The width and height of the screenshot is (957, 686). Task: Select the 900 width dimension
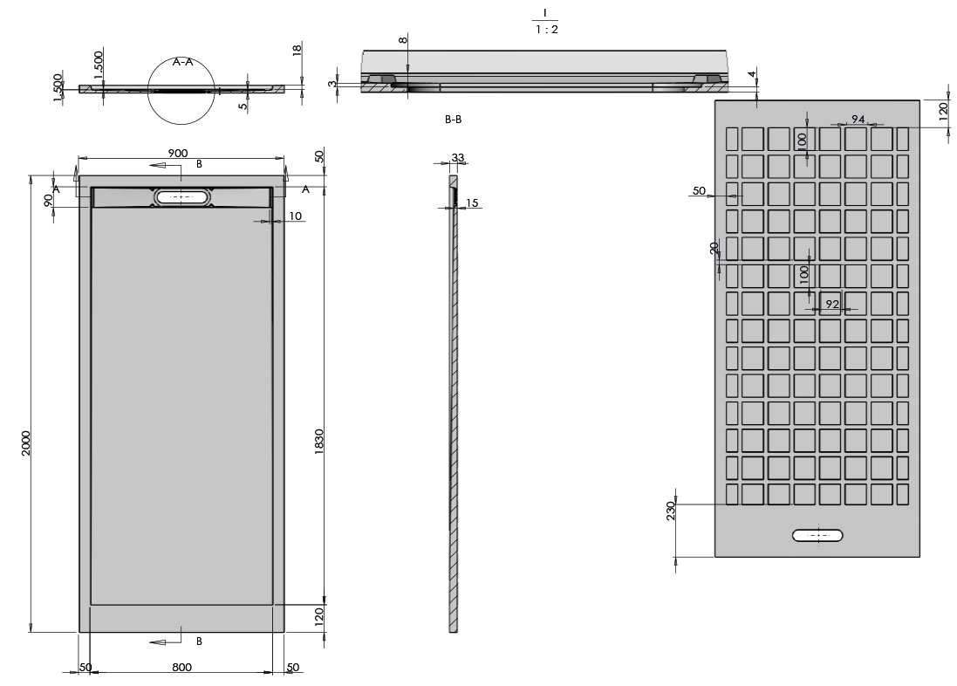coord(177,154)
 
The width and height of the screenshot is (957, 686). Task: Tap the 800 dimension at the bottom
coord(181,668)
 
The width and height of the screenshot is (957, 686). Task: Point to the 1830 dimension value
coord(319,442)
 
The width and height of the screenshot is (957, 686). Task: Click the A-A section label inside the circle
coord(183,62)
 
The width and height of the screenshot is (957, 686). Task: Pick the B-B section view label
coord(453,120)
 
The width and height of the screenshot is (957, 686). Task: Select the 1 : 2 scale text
coord(544,30)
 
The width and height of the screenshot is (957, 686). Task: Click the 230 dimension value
coord(671,511)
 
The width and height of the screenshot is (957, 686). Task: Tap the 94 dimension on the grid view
coord(858,119)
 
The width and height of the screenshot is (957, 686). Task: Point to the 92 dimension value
coord(832,304)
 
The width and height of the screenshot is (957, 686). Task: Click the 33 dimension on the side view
coord(458,158)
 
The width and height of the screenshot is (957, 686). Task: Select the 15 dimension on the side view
coord(472,203)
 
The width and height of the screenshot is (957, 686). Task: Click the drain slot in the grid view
coord(817,535)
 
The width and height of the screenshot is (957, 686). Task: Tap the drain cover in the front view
coord(182,197)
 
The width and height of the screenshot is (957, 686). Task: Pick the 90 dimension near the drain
coord(49,199)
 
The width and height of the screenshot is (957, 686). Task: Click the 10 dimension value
coord(295,216)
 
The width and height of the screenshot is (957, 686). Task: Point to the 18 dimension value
coord(297,50)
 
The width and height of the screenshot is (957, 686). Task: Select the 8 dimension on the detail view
coord(402,41)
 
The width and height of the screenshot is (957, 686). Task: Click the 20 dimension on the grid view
coord(714,249)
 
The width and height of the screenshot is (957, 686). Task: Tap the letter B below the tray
coord(199,641)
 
